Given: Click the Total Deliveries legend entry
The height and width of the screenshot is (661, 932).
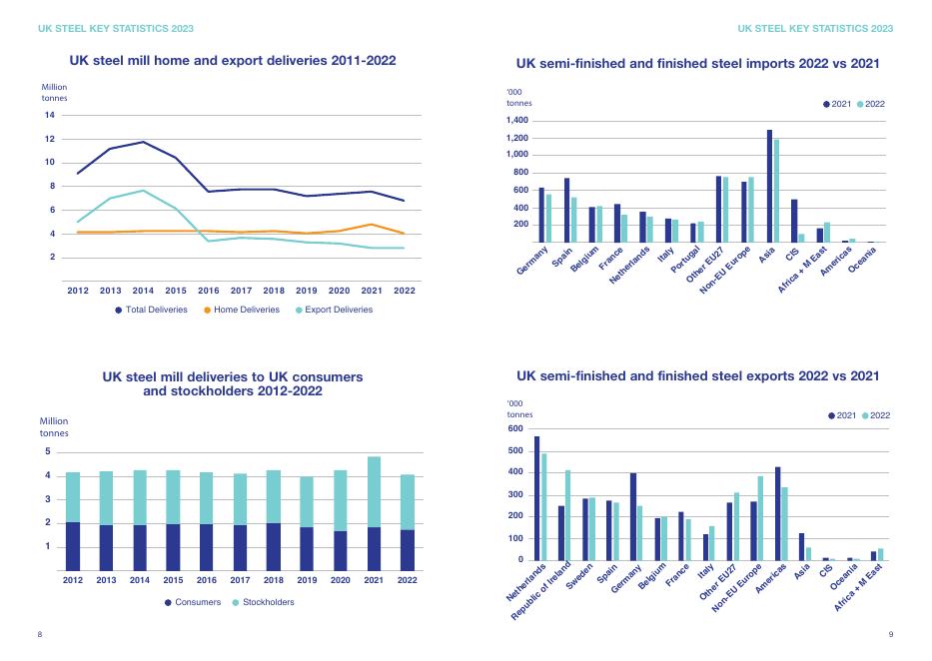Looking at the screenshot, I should pos(151,310).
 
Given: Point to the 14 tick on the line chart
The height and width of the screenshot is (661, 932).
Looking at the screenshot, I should pos(49,115).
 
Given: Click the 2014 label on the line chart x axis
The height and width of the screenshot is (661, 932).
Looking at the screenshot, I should pos(143,291).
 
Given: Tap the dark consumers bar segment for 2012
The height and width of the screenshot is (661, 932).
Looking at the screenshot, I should pos(73,546).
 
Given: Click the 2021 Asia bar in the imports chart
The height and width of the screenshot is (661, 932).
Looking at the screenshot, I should pos(769,186).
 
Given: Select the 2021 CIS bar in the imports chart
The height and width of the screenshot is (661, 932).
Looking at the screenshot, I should pos(794,221).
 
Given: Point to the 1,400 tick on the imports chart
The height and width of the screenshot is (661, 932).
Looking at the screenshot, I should pos(516,121).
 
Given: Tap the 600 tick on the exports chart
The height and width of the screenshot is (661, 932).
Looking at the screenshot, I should pos(515,429).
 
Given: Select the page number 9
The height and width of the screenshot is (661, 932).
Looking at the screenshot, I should pos(890,634).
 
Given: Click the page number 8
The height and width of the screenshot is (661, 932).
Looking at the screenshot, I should pos(40,634).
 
